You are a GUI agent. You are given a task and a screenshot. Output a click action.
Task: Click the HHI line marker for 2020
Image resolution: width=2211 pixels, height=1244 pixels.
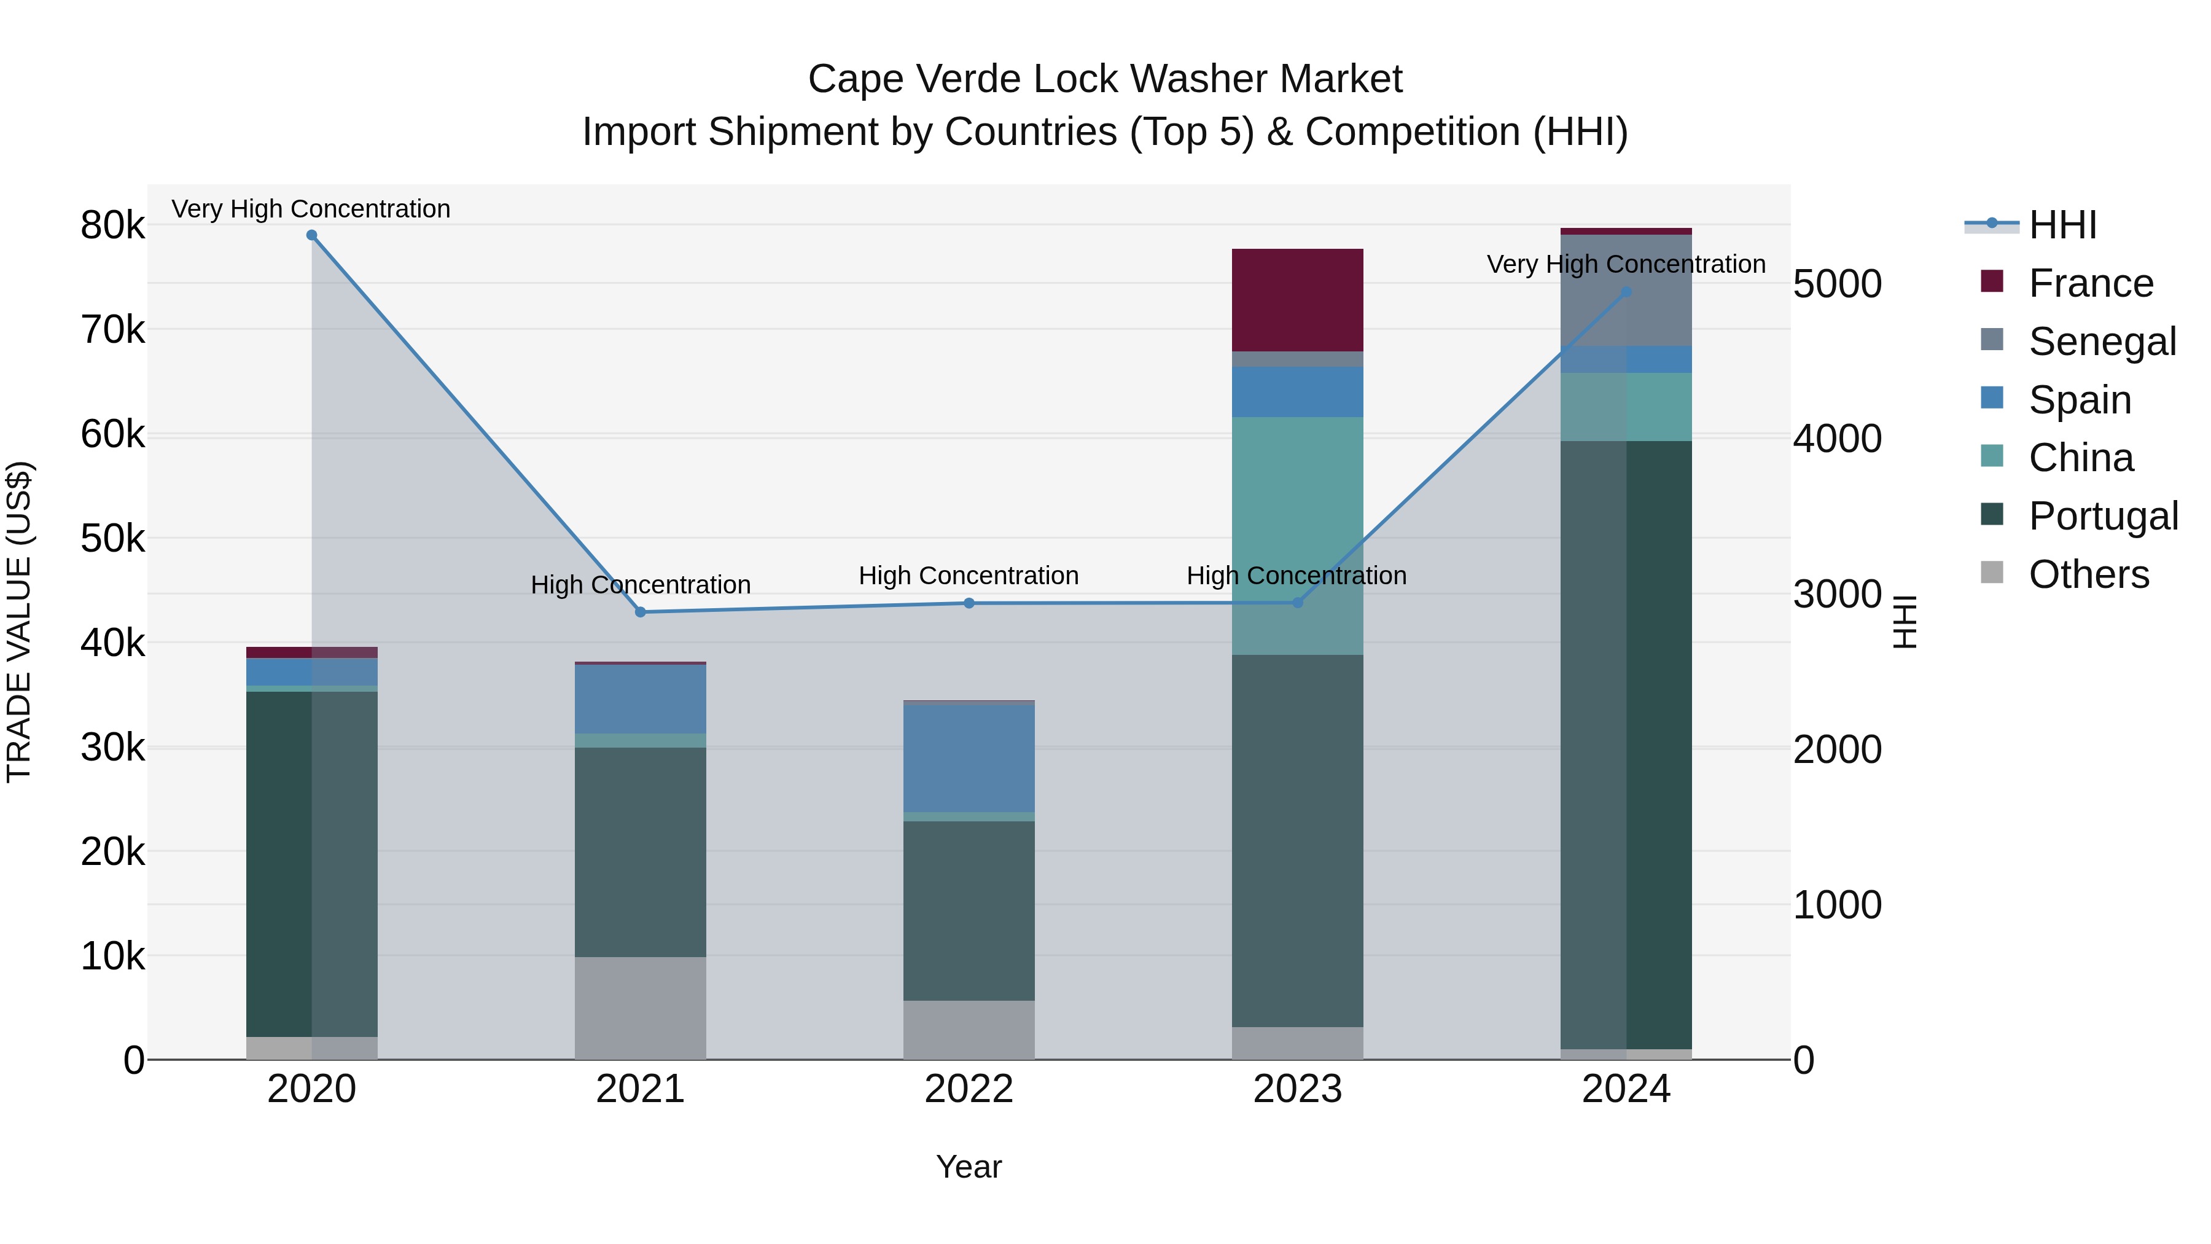pyautogui.click(x=311, y=235)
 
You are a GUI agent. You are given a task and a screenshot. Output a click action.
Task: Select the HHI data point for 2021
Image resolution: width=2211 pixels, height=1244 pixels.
pyautogui.click(x=641, y=612)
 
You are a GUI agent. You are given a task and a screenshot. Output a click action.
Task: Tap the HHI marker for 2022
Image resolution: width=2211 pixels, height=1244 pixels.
pyautogui.click(x=969, y=603)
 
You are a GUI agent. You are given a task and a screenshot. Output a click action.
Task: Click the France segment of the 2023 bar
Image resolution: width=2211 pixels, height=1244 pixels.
pyautogui.click(x=1297, y=300)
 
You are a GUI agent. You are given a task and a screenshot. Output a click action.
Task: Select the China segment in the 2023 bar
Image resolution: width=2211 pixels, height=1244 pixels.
pyautogui.click(x=1297, y=515)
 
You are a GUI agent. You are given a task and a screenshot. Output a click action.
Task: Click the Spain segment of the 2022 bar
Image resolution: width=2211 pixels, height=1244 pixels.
pyautogui.click(x=969, y=758)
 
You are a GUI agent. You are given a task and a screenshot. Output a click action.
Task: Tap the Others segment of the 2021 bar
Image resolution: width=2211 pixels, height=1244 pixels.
pyautogui.click(x=641, y=1008)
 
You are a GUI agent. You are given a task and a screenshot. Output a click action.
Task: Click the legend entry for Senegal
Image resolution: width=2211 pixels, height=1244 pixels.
pyautogui.click(x=2102, y=342)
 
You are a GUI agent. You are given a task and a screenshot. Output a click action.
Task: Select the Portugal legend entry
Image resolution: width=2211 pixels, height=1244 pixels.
pyautogui.click(x=2103, y=516)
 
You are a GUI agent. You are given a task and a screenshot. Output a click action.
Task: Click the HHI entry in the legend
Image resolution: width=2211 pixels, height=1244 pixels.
pyautogui.click(x=2062, y=225)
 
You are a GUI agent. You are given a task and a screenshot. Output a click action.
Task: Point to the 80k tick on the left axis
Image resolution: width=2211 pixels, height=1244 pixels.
pyautogui.click(x=112, y=226)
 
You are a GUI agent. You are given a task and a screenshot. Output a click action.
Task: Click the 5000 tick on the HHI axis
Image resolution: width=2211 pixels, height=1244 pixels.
pyautogui.click(x=1838, y=284)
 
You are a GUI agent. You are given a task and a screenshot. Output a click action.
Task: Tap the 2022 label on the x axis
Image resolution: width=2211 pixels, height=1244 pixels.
pyautogui.click(x=969, y=1089)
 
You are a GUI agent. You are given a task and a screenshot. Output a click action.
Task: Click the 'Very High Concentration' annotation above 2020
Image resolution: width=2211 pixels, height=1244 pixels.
pyautogui.click(x=311, y=209)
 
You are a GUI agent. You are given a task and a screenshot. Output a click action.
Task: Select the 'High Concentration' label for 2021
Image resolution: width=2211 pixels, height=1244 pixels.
pyautogui.click(x=641, y=585)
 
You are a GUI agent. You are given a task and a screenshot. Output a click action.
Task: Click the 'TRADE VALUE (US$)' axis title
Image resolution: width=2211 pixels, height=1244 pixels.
pyautogui.click(x=19, y=622)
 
